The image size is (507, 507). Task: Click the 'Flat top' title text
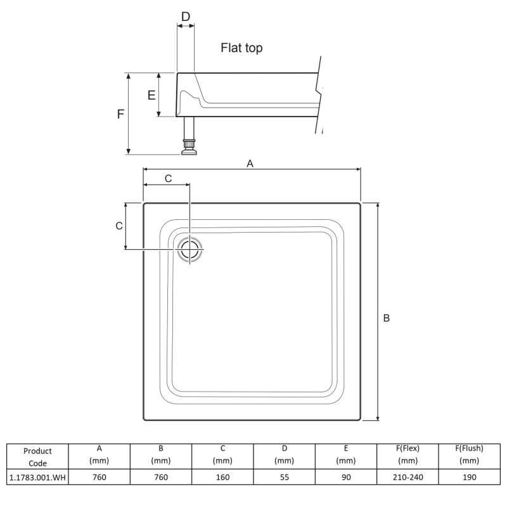coord(241,48)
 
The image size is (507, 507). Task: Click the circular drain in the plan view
coord(189,249)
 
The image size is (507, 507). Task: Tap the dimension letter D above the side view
coord(186,16)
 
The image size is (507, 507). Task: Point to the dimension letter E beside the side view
coord(151,95)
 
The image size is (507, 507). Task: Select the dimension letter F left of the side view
coord(120,114)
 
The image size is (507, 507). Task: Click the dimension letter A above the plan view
coord(250,164)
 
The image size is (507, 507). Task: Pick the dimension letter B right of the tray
coord(387,318)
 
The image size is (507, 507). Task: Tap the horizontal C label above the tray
coord(168,179)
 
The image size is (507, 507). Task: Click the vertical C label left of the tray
coord(119,226)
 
